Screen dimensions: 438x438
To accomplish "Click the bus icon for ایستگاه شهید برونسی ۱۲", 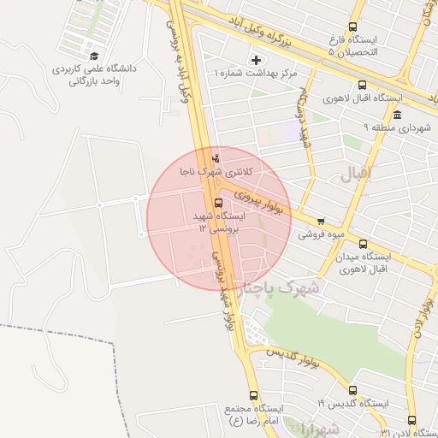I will pyautogui.click(x=219, y=204).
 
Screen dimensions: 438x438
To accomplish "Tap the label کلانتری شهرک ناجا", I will pyautogui.click(x=217, y=172).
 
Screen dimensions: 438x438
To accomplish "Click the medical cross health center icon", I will pyautogui.click(x=255, y=60).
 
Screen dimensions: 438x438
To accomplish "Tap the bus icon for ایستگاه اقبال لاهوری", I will pyautogui.click(x=362, y=85).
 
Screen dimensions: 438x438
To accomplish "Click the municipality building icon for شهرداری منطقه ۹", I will pyautogui.click(x=397, y=115).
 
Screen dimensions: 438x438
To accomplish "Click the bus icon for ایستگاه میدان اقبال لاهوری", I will pyautogui.click(x=363, y=244).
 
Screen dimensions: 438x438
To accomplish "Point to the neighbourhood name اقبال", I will pyautogui.click(x=357, y=175).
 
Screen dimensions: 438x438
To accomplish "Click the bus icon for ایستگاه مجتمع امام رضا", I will pyautogui.click(x=252, y=395).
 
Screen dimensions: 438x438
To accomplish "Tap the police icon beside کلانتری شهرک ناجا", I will pyautogui.click(x=216, y=158).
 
